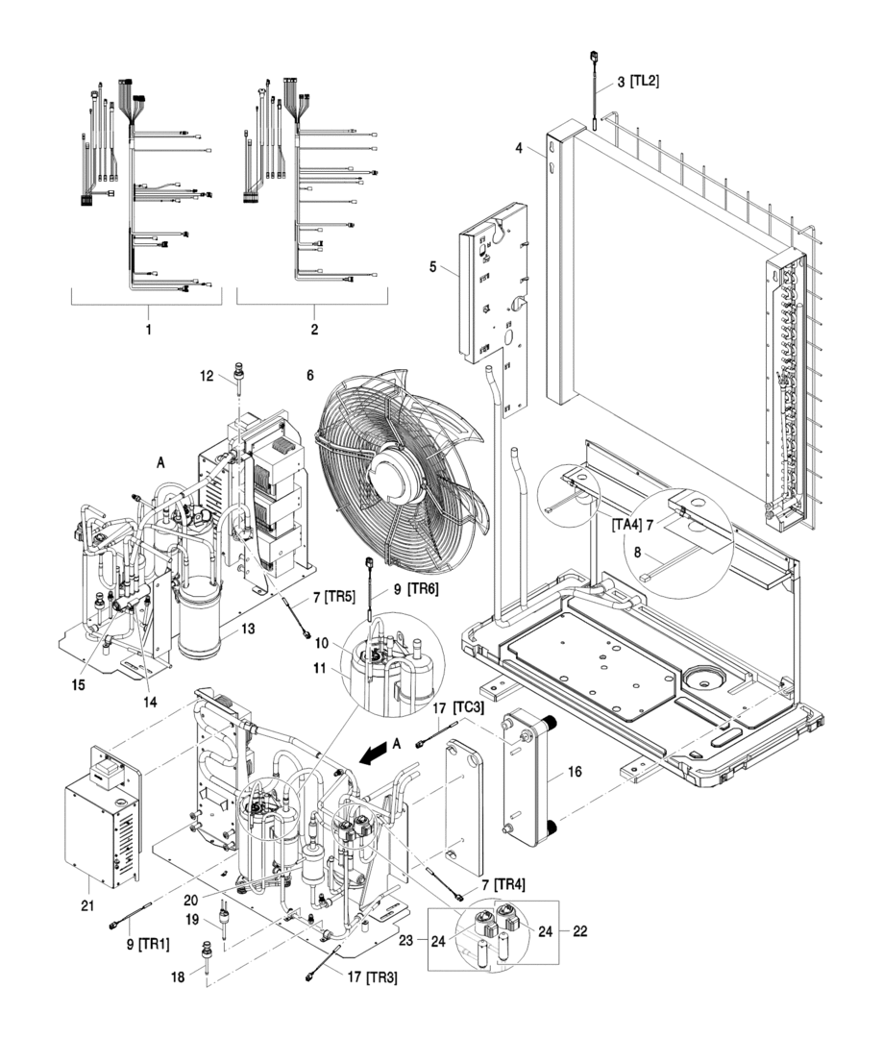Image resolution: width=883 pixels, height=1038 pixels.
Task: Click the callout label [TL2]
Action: [640, 83]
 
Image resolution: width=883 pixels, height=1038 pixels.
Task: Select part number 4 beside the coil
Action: [519, 148]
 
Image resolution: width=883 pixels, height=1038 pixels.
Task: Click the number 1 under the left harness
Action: [147, 329]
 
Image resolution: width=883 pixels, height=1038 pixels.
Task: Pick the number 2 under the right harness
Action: [314, 329]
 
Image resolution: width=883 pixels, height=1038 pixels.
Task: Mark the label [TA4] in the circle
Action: [625, 525]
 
